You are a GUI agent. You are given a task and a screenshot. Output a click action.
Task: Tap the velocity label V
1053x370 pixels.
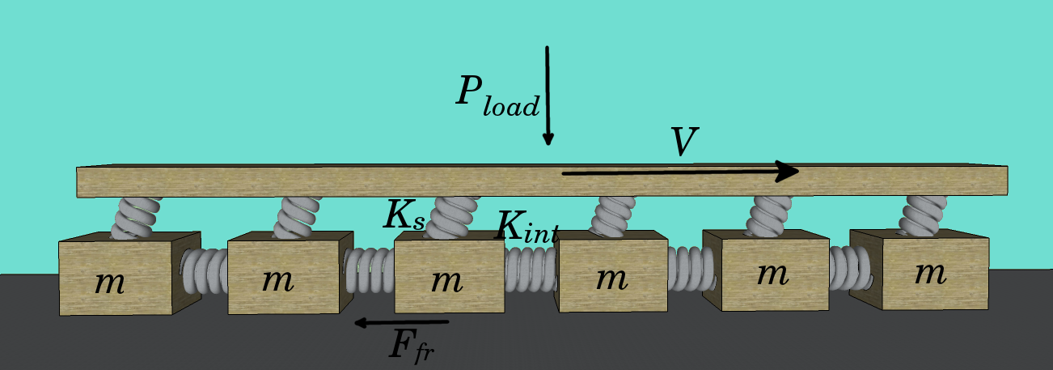(684, 142)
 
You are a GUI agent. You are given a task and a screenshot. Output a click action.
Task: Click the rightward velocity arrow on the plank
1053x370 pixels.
(679, 172)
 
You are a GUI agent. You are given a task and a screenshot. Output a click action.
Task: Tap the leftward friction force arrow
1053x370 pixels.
(401, 323)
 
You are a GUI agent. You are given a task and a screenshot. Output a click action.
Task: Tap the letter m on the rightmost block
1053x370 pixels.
(930, 273)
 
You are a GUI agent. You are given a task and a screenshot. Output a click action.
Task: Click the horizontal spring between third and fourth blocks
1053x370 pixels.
(531, 269)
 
